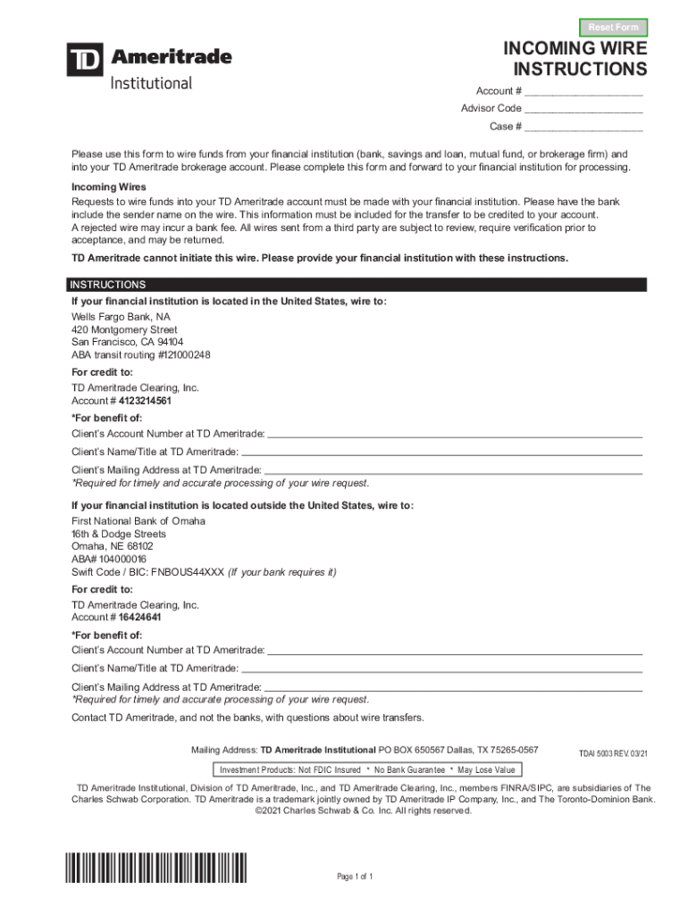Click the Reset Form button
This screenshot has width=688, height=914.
(x=613, y=28)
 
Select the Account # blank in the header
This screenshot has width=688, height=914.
(x=584, y=92)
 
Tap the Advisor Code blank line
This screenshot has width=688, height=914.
(x=584, y=109)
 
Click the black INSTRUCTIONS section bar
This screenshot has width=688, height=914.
(x=357, y=285)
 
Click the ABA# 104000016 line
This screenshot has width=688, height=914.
(x=109, y=560)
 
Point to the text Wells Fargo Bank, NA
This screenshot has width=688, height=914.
(x=121, y=317)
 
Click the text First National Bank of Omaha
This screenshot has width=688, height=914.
(x=138, y=521)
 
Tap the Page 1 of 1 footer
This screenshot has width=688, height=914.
(x=355, y=877)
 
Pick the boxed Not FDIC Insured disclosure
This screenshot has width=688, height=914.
(x=366, y=769)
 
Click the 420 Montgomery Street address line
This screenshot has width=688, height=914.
(x=124, y=330)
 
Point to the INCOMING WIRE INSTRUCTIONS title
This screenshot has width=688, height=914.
(x=575, y=59)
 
